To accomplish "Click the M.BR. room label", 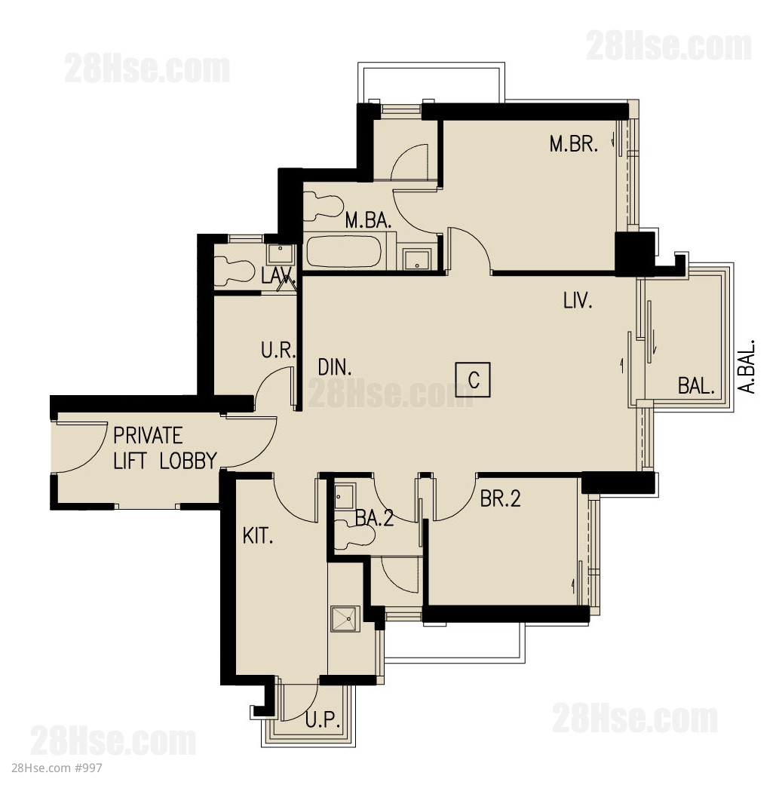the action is [573, 144].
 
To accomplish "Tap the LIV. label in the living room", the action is [578, 301].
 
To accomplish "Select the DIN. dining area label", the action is [335, 367].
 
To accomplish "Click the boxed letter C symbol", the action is [473, 380].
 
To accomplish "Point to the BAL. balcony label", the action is [696, 386].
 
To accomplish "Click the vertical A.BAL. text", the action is [747, 366].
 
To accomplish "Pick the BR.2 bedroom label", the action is [500, 499].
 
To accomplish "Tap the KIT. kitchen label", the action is [258, 536].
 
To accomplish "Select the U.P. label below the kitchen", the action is [322, 719].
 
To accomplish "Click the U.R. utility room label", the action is [278, 350].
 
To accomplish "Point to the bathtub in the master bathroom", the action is [343, 251].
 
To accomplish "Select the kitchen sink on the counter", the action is [345, 619].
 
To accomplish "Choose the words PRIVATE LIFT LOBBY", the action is [165, 449].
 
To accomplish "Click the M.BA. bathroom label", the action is [368, 221].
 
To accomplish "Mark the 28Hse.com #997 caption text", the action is [57, 768].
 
